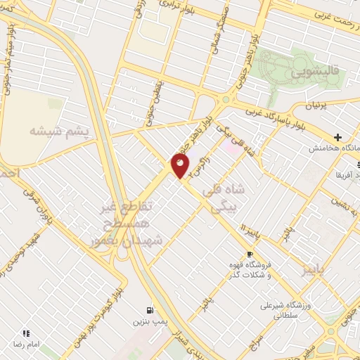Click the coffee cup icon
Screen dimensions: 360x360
click(x=249, y=254)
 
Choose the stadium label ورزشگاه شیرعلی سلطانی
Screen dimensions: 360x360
click(x=286, y=311)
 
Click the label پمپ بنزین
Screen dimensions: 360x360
click(x=148, y=321)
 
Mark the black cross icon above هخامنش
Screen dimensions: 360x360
click(x=338, y=137)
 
